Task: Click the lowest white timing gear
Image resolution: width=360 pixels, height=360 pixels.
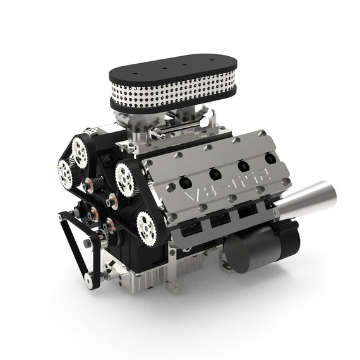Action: [x=147, y=226]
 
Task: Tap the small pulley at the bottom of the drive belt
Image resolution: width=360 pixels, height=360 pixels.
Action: [x=93, y=279]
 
